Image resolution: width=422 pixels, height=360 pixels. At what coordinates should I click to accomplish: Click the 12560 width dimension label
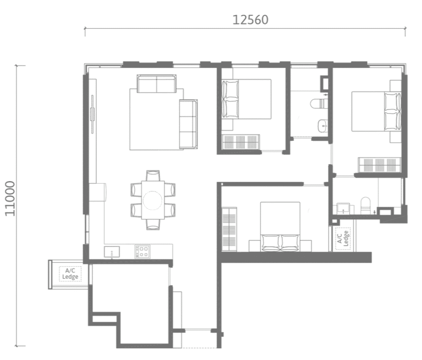coord(250,20)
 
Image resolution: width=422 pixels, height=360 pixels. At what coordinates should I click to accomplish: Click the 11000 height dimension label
coord(10,199)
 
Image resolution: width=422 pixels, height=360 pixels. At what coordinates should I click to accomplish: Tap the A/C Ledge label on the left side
coord(70,274)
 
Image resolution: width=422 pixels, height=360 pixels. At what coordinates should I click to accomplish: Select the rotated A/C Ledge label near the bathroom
coord(343,238)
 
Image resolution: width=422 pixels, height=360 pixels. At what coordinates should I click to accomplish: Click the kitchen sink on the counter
coord(112,252)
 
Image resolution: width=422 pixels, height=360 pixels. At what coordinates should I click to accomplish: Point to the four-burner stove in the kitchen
coord(142,252)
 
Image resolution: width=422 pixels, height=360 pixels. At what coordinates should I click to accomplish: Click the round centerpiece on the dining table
coord(152,201)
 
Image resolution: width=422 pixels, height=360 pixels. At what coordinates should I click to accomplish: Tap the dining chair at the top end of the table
coord(153,175)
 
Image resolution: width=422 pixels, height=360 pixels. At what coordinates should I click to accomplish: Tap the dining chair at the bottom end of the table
coord(153,224)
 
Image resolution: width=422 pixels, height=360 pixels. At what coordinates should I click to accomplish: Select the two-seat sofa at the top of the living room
coord(157,84)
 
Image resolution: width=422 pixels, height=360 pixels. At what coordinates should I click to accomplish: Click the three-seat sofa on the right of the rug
coord(188,124)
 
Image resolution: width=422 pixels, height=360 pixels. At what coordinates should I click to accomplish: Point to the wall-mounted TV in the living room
coord(93,114)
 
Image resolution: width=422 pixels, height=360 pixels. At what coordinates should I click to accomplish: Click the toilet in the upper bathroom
coord(319,103)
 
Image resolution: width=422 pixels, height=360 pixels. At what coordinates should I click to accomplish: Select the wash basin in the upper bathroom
coord(323,126)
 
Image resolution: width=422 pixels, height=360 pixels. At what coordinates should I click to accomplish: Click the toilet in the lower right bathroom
coord(366,205)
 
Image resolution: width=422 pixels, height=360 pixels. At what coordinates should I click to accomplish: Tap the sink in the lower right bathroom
coord(343,208)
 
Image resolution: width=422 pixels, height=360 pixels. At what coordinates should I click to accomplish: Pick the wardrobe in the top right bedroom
coord(380,165)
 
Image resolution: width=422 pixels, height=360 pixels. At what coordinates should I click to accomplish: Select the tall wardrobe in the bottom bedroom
coord(229,229)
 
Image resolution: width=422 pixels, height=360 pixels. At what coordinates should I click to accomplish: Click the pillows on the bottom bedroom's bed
coord(280,243)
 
